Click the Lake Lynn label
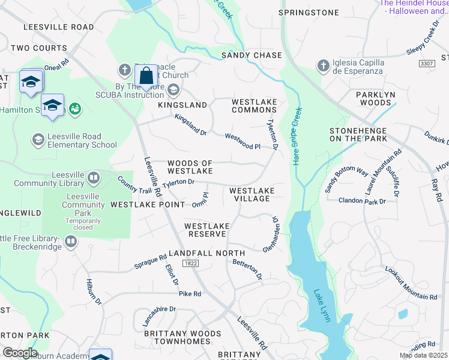tap(322, 306)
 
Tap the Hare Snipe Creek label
tap(297, 136)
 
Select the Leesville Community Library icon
tap(93, 178)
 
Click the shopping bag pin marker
tap(146, 77)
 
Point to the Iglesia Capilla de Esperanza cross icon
tap(324, 65)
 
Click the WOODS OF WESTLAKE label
tap(190, 167)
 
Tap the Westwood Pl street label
tap(243, 142)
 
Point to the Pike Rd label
tap(190, 294)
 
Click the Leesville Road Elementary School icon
tap(38, 140)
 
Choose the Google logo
tap(20, 353)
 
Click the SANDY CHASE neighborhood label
tap(252, 55)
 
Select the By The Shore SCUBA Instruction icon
tap(173, 90)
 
